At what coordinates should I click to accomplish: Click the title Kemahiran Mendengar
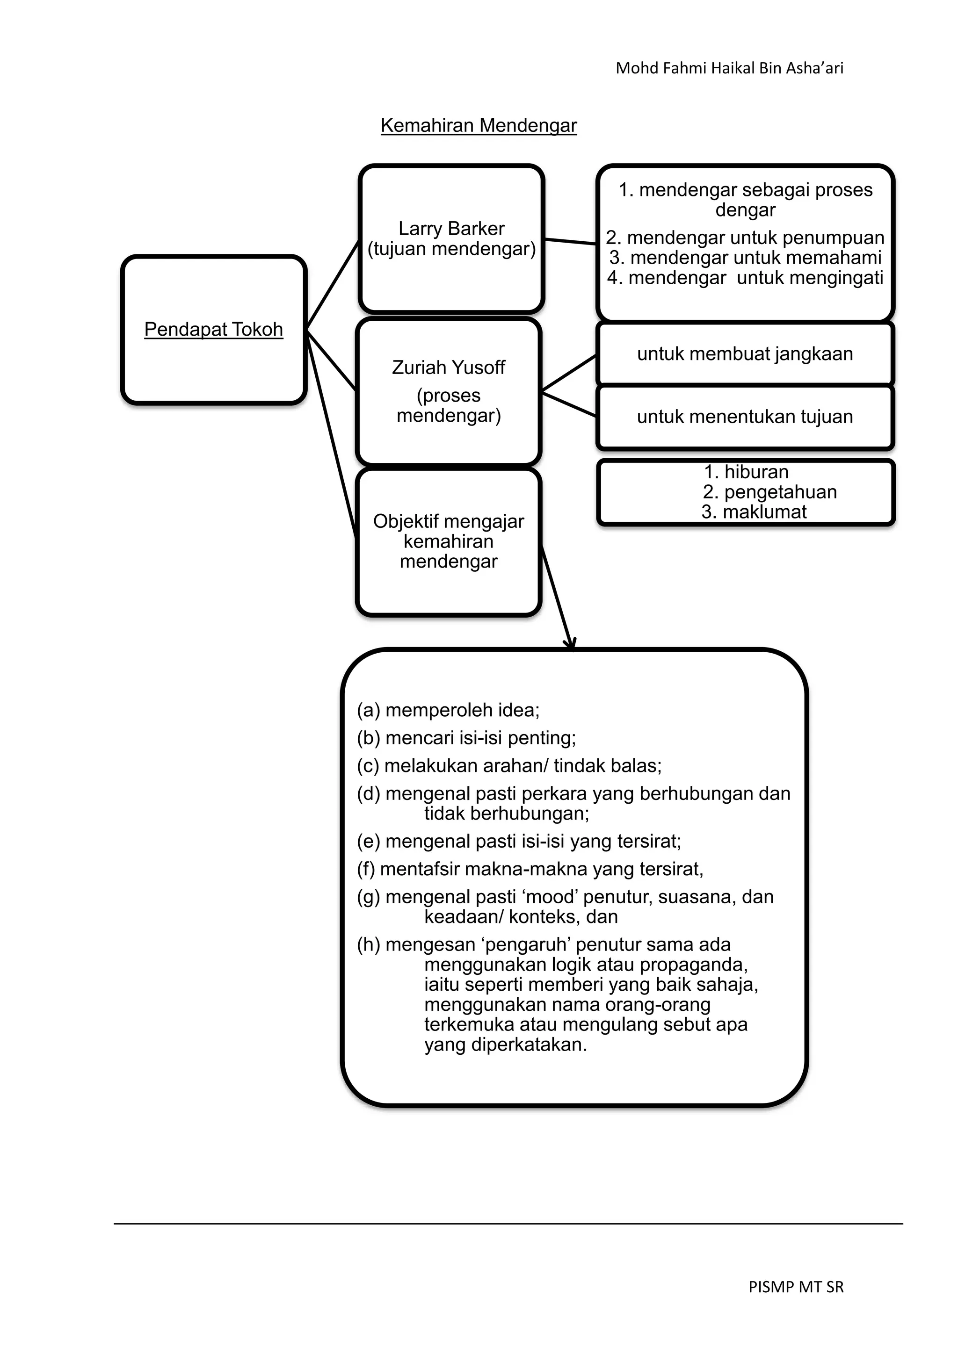(479, 126)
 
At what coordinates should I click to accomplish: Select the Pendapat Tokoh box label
(214, 329)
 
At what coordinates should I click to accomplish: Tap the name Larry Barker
(451, 228)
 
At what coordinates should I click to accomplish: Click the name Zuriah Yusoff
(448, 367)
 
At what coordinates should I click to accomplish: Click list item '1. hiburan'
(746, 472)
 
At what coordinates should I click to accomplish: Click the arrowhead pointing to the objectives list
(570, 644)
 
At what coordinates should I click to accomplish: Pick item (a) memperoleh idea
(448, 710)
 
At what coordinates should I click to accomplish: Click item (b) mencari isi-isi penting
(466, 738)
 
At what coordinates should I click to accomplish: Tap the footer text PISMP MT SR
(796, 1287)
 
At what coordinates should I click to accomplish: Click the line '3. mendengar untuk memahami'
(745, 258)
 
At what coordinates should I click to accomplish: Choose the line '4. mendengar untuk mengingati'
(745, 278)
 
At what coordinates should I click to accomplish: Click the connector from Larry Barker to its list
(570, 241)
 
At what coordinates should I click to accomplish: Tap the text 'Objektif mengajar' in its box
(448, 521)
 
